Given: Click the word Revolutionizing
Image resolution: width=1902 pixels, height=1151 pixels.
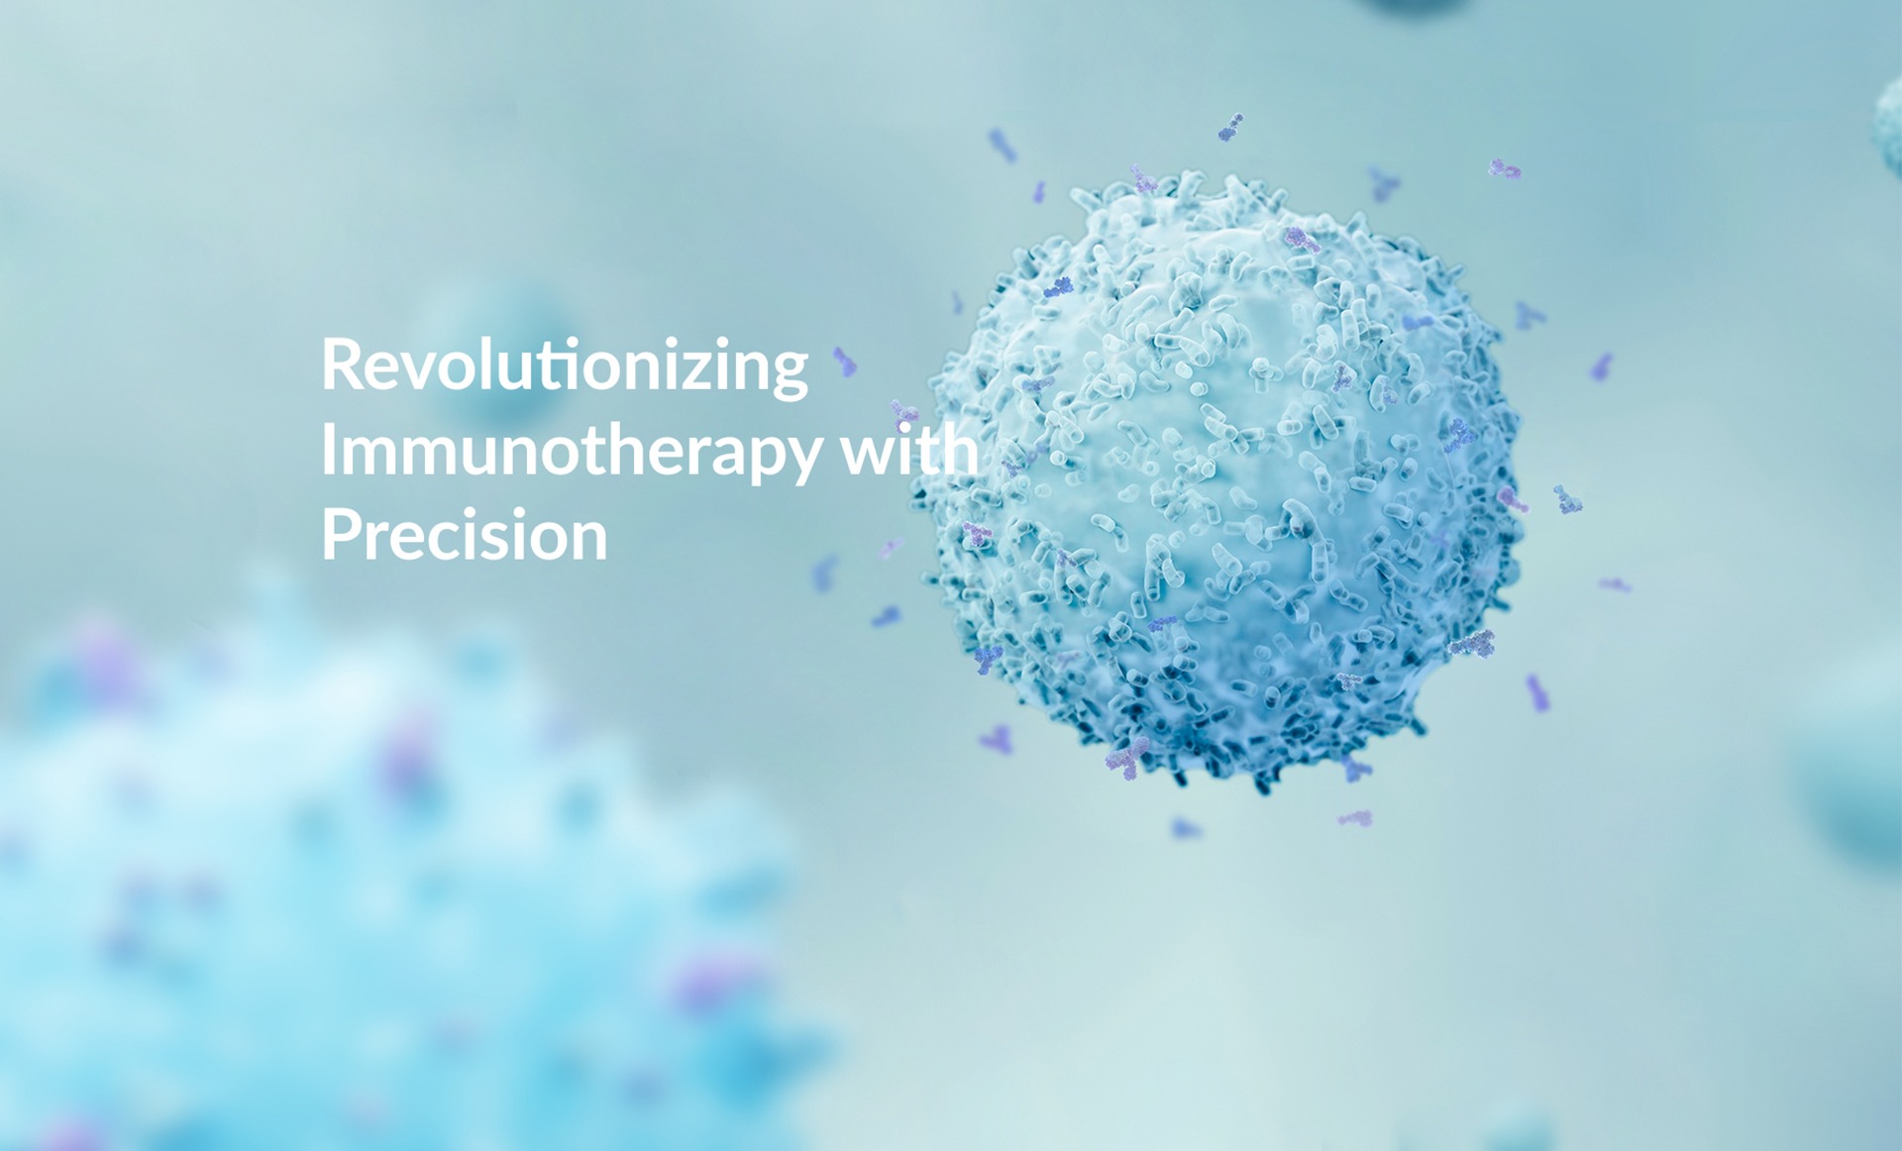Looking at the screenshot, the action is [565, 366].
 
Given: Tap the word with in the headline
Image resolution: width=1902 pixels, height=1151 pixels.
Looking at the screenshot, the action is [910, 449].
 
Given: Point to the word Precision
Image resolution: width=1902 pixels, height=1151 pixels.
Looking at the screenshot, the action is [464, 535].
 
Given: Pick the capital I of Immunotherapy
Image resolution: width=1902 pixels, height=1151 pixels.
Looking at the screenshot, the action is [328, 449].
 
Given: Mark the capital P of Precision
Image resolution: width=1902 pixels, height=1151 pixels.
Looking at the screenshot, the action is [340, 535].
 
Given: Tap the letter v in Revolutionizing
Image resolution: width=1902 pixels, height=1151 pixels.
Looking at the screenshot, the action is [424, 371].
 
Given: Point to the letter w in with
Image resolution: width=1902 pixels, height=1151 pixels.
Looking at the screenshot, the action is [868, 457].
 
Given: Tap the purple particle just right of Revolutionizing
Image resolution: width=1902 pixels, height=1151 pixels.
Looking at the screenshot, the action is [844, 363].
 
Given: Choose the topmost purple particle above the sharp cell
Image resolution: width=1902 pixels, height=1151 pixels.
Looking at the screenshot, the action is [1230, 128].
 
